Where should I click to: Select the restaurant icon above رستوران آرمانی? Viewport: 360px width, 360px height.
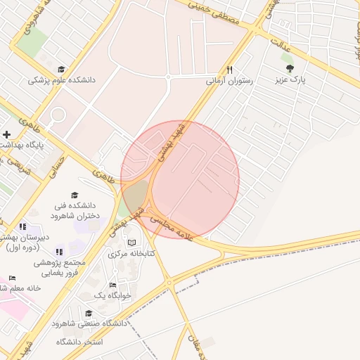(229, 70)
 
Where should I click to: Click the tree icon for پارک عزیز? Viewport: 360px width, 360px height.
(290, 68)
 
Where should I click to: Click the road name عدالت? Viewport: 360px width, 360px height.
(287, 47)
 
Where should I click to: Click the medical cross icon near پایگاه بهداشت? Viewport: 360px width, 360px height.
(6, 134)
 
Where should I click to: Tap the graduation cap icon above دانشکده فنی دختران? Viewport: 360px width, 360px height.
(75, 194)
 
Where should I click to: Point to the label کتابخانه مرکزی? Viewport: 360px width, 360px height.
(131, 253)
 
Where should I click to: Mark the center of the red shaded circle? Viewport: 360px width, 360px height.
(180, 179)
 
